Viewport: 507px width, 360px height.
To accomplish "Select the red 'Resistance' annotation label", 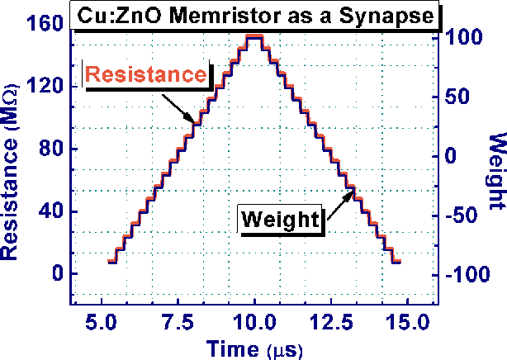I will coord(146,74).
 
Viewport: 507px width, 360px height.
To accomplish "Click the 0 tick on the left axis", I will coord(56,274).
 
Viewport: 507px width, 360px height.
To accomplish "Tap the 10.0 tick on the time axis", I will coord(255,320).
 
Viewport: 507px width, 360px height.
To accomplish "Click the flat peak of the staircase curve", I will coord(254,37).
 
